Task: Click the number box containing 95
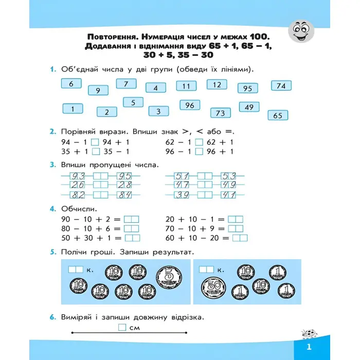[x=248, y=88]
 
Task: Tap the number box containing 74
[x=281, y=86]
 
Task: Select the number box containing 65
[x=278, y=115]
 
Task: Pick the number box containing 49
[x=249, y=107]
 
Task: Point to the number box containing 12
[x=217, y=85]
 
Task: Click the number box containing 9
[x=98, y=91]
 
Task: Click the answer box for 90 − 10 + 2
[x=132, y=219]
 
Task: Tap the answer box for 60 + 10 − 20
[x=240, y=238]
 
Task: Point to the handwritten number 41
[x=228, y=195]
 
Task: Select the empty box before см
[x=122, y=327]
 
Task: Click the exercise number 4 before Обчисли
[x=52, y=209]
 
